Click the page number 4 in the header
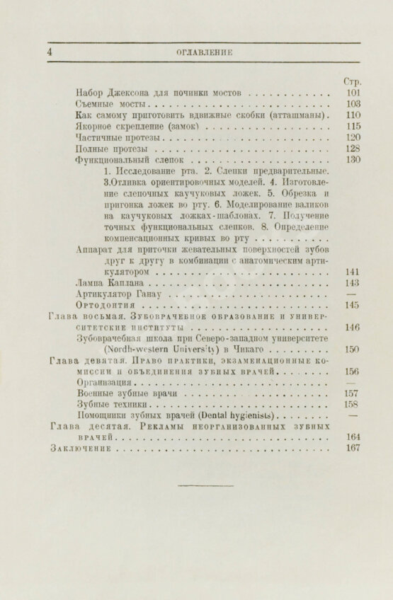pyautogui.click(x=50, y=52)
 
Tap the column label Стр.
pyautogui.click(x=353, y=81)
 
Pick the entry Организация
pyautogui.click(x=103, y=383)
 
